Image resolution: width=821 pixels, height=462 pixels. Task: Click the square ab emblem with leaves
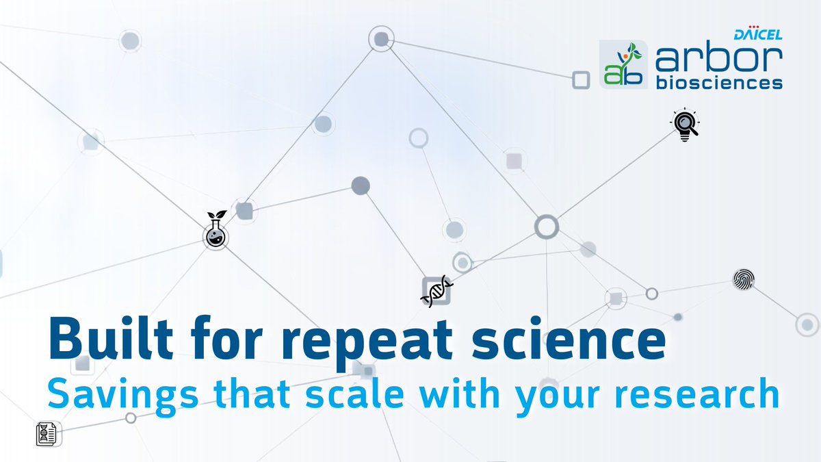point(623,64)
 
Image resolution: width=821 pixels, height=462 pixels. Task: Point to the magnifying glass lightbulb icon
point(684,125)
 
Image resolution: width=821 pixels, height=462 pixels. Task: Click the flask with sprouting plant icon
point(216,230)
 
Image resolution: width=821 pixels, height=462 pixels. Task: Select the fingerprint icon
point(744,279)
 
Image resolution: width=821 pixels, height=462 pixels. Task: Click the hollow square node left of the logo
point(580,80)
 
